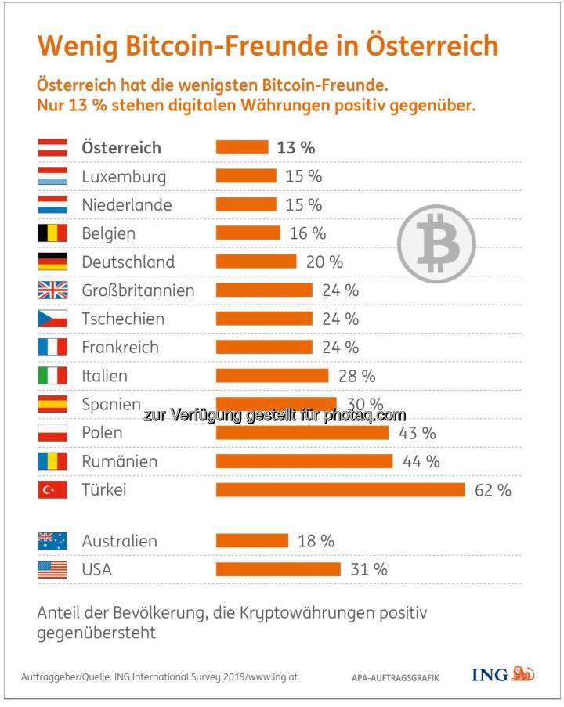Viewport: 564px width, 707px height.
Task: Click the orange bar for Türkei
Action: coord(341,490)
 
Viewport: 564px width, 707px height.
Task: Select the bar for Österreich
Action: coord(241,147)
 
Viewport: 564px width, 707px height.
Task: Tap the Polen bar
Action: coord(302,433)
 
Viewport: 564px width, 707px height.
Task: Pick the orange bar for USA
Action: coord(278,569)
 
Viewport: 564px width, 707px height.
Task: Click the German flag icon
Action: coord(52,262)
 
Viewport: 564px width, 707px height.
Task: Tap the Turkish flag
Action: coord(52,490)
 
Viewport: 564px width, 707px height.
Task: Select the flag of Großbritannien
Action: coord(52,290)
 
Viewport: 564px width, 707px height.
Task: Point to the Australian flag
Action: coord(52,541)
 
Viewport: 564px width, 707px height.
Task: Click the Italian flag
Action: coord(52,376)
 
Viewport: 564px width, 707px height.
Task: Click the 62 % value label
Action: coord(493,490)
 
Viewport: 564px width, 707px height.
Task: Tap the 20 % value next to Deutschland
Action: coord(324,262)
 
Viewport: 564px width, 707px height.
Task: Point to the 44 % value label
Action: coord(421,461)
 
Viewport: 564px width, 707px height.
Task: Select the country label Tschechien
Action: coord(123,319)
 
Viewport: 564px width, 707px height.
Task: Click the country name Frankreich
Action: coord(120,347)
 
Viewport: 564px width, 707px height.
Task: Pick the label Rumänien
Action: coord(119,461)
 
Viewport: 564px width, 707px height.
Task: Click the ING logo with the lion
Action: coord(502,673)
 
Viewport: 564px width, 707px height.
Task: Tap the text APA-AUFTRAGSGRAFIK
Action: coord(395,676)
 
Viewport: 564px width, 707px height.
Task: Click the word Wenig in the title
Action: coord(74,45)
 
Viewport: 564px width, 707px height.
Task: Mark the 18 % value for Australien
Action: coord(316,541)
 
